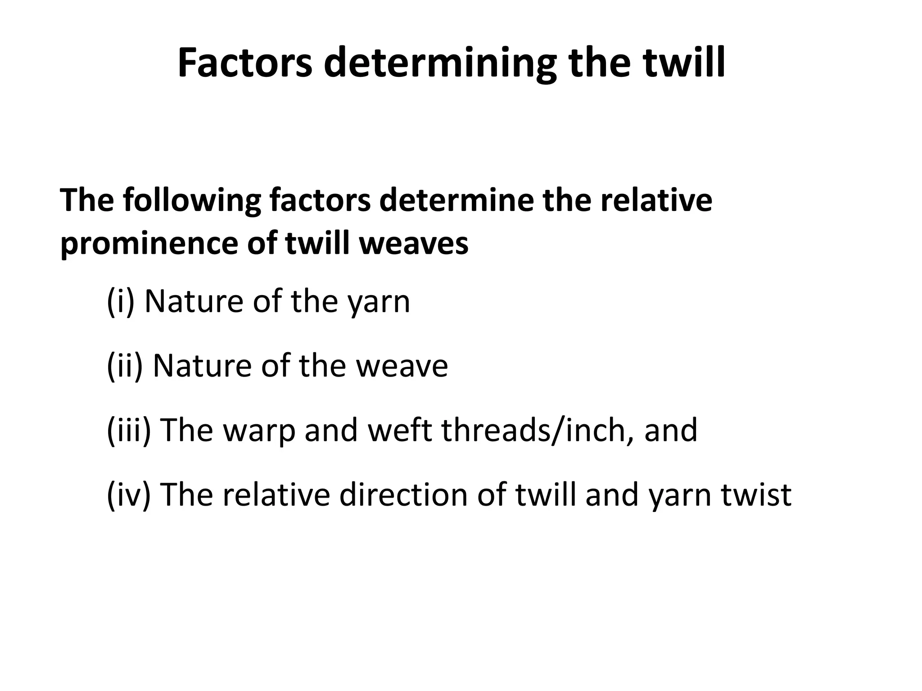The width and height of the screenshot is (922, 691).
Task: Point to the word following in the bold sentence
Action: (x=192, y=201)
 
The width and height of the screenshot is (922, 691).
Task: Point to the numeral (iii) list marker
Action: (x=129, y=430)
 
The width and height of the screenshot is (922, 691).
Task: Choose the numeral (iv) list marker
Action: (x=128, y=494)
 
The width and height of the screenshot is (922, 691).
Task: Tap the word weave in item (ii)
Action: (x=402, y=366)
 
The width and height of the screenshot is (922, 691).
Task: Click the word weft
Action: (x=400, y=430)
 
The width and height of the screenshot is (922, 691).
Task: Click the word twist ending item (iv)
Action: (x=756, y=494)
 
